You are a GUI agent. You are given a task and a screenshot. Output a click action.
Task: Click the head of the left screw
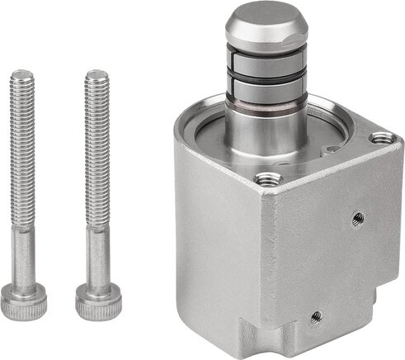pos(22,302)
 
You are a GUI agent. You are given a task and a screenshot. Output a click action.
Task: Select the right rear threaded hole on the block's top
pos(380,138)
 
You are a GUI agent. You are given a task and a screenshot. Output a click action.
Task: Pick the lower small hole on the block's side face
pos(314,315)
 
